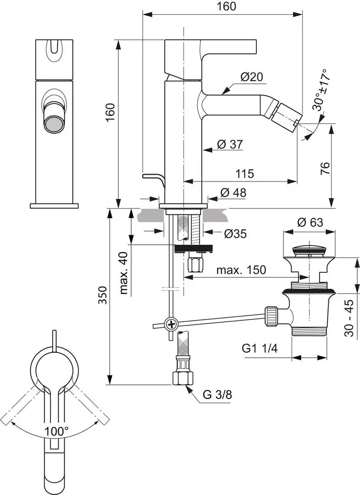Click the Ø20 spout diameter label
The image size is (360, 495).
[x=251, y=77]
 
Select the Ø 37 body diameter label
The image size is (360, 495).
[x=230, y=144]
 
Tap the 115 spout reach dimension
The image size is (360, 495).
[x=244, y=174]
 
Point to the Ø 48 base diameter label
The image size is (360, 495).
[x=233, y=192]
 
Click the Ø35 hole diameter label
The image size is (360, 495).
[x=235, y=234]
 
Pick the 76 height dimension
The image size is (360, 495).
[x=325, y=168]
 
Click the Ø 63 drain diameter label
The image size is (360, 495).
[x=310, y=222]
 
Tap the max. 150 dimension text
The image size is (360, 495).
[x=241, y=270]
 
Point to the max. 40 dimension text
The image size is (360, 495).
[x=124, y=273]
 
